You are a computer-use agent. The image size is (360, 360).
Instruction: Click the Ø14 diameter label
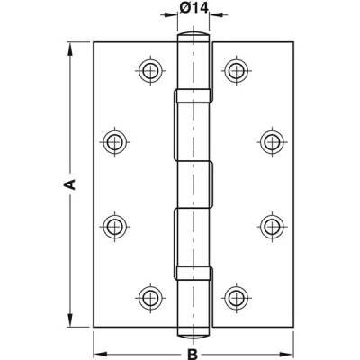[193, 8]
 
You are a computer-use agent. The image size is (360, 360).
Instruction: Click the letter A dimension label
[69, 184]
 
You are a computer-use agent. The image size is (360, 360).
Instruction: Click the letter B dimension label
[193, 354]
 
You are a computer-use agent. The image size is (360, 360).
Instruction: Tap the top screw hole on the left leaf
[150, 71]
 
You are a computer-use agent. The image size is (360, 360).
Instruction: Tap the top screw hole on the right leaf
[237, 71]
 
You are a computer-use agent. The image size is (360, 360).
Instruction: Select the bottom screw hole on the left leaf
[150, 299]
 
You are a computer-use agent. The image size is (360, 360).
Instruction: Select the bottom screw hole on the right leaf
[237, 299]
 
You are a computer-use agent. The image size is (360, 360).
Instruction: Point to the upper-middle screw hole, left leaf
[114, 141]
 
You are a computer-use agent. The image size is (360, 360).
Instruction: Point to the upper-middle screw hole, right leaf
[272, 141]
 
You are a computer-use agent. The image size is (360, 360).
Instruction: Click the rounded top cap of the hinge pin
[193, 33]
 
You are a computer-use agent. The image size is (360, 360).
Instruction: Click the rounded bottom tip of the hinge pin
[193, 336]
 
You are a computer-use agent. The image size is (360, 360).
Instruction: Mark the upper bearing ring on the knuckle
[193, 96]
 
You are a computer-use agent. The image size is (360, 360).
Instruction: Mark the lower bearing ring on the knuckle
[193, 273]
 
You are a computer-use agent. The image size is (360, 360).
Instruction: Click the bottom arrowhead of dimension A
[70, 319]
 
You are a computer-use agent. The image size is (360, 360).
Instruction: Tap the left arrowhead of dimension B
[101, 354]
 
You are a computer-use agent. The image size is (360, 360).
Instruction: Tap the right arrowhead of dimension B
[286, 354]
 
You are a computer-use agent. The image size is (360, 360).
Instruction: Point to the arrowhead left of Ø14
[171, 15]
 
